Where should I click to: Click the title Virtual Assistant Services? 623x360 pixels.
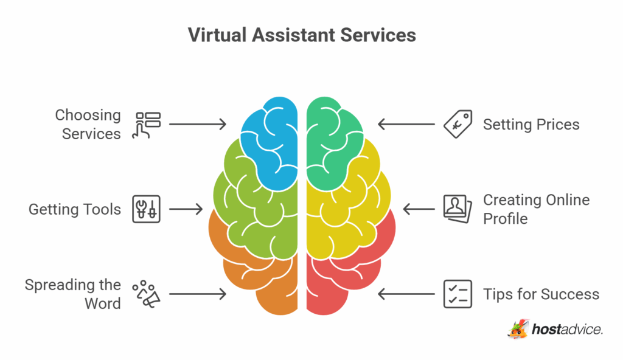point(302,35)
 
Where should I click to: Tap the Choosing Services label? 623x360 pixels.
point(88,125)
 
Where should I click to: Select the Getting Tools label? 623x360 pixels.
point(75,209)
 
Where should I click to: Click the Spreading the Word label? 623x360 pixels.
point(73,294)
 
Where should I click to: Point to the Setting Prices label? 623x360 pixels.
point(531,125)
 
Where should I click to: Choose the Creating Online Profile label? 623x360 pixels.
point(537,209)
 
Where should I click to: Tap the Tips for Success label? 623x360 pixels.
point(541,294)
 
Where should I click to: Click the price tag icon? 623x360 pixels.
point(458,124)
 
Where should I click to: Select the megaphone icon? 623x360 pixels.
point(146,294)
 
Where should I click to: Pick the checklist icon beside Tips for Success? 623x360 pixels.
point(458,294)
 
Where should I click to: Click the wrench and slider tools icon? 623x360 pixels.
point(146,209)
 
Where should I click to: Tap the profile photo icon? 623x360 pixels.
point(458,209)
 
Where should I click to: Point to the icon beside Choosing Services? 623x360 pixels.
point(146,125)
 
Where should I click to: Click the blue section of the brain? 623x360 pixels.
point(274,139)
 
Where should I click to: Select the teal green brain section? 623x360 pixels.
point(330,139)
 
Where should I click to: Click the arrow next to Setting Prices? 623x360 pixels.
point(406,125)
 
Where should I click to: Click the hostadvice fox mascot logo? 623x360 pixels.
point(518,329)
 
